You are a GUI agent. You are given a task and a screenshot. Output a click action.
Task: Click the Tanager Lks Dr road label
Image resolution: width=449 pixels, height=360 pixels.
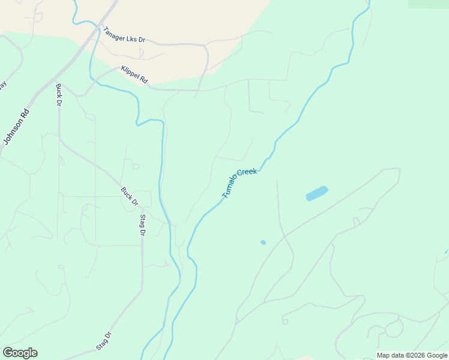[124, 35]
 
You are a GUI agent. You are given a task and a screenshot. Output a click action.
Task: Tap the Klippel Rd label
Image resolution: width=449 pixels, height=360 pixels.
[134, 75]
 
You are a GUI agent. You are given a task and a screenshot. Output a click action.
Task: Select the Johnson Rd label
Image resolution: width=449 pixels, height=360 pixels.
[16, 127]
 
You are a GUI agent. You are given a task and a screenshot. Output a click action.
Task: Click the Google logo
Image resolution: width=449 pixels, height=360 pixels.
[20, 353]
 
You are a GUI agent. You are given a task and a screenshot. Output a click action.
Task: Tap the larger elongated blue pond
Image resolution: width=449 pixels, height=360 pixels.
[316, 193]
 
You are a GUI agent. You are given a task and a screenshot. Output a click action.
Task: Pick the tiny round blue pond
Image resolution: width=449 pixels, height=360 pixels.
[263, 242]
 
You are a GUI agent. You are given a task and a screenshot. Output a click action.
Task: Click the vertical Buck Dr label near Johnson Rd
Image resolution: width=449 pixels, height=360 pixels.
[59, 95]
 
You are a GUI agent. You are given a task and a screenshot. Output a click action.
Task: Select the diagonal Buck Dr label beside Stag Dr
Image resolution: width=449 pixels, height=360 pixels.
[129, 196]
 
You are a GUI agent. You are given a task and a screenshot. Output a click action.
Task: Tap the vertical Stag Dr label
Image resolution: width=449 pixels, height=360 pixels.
[142, 224]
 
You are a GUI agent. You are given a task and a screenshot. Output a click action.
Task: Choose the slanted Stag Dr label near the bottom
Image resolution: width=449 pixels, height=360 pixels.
[104, 341]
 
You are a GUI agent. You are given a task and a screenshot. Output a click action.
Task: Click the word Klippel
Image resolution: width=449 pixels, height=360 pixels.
[131, 73]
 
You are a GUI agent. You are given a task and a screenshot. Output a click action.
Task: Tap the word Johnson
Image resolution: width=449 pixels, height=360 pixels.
[13, 131]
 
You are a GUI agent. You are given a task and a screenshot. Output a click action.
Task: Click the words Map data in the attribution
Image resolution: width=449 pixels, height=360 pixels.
[391, 355]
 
